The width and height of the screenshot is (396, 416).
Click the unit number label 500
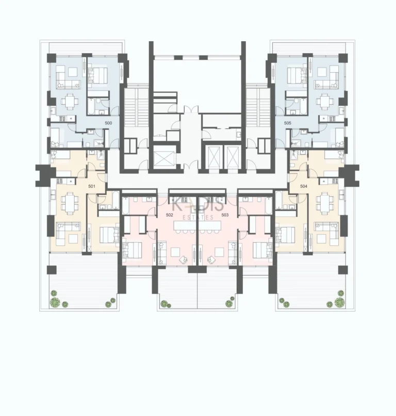point(108,123)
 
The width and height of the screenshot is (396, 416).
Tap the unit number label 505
point(287,123)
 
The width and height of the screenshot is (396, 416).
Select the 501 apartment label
point(92,186)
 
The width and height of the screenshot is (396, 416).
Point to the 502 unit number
point(169,214)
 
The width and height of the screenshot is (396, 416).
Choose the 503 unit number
point(225,214)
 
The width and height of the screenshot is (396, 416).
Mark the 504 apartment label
point(304,186)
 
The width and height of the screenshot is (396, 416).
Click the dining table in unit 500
point(68,101)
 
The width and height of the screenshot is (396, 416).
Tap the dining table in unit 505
point(324,101)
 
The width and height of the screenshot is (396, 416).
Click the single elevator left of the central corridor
point(164,155)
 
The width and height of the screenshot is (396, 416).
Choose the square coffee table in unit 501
point(73,238)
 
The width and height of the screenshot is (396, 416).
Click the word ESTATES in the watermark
point(198,217)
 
